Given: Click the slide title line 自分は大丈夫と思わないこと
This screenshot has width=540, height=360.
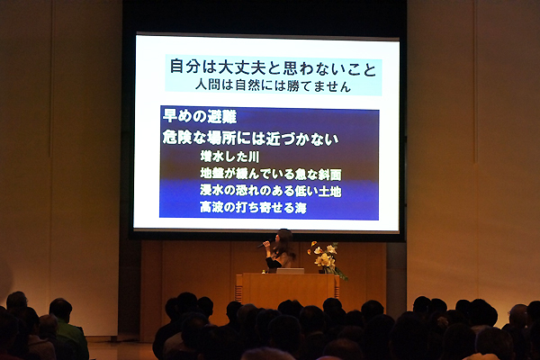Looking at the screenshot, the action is tap(274, 67).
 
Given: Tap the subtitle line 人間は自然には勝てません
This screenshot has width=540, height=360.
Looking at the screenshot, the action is tap(273, 85).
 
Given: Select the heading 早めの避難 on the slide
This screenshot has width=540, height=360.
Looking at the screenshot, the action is tap(200, 116).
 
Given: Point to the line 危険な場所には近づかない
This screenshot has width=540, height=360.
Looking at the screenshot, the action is tap(251, 139).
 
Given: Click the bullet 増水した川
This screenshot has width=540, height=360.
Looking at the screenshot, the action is tap(229, 157).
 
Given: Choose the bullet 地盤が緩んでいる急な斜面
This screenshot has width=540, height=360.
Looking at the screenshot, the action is tap(271, 174).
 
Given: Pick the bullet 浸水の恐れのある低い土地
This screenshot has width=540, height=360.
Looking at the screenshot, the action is tap(271, 191).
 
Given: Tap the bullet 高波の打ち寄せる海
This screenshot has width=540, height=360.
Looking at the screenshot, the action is tap(254, 207).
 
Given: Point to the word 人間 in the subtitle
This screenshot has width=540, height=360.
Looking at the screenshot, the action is tap(208, 85).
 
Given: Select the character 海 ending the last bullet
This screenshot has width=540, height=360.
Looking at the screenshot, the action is tap(301, 207).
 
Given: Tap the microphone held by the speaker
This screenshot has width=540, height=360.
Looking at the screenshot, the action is tap(263, 245).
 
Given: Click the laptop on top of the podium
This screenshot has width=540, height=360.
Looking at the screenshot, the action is tap(291, 271).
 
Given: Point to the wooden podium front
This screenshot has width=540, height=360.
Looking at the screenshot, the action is tap(288, 290).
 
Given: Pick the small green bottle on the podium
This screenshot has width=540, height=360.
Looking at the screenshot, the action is tap(264, 272).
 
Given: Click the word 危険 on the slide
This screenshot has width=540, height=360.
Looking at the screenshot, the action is tap(176, 139).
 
